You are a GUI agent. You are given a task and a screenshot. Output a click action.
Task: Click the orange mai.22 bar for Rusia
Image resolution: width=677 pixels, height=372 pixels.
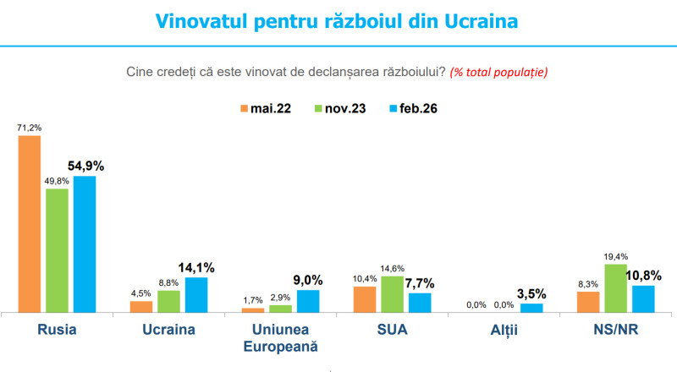point(30,224)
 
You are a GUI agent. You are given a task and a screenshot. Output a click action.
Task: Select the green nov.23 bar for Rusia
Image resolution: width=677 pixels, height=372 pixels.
point(57,250)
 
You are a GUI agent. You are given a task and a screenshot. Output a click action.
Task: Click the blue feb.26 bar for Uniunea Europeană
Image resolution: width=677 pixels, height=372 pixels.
point(308,301)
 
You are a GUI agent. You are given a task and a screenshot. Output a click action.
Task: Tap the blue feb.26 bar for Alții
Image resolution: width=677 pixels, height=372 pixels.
point(531,308)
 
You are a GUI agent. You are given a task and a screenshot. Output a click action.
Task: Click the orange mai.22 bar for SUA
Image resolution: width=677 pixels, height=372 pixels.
point(364,299)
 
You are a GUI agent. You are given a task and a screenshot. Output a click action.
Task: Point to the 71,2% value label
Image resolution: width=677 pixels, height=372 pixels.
point(30,128)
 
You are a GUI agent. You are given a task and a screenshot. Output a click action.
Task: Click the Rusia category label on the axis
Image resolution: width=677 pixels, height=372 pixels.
point(58,330)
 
